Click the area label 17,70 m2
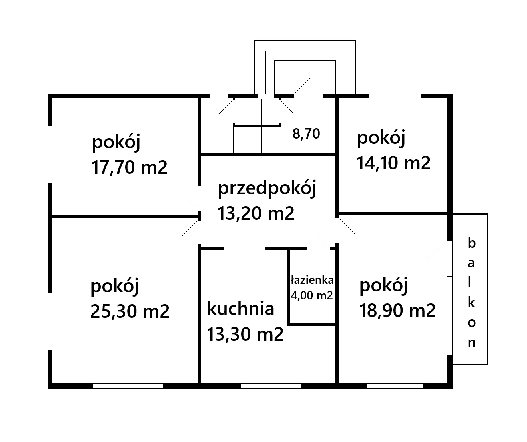130,167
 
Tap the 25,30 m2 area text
130,311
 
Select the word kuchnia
240,308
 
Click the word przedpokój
267,189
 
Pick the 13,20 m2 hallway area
256,213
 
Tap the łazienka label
312,280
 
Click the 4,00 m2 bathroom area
312,295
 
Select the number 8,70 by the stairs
306,134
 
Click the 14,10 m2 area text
393,163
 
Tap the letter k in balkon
471,303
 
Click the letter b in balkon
471,243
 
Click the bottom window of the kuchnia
271,386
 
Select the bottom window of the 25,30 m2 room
128,386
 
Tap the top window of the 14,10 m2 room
395,96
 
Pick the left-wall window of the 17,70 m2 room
50,154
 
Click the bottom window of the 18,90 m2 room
395,386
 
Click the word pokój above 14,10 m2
381,138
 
